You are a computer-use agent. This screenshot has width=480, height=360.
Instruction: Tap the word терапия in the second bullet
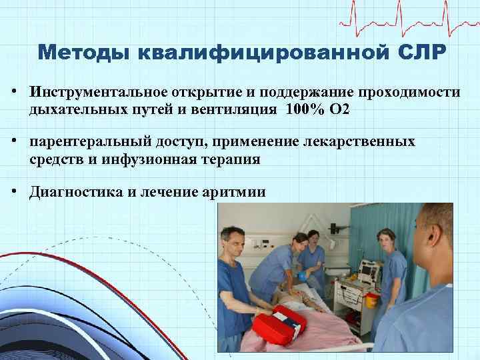coord(235,159)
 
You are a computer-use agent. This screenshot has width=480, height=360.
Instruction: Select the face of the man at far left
coord(232,239)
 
